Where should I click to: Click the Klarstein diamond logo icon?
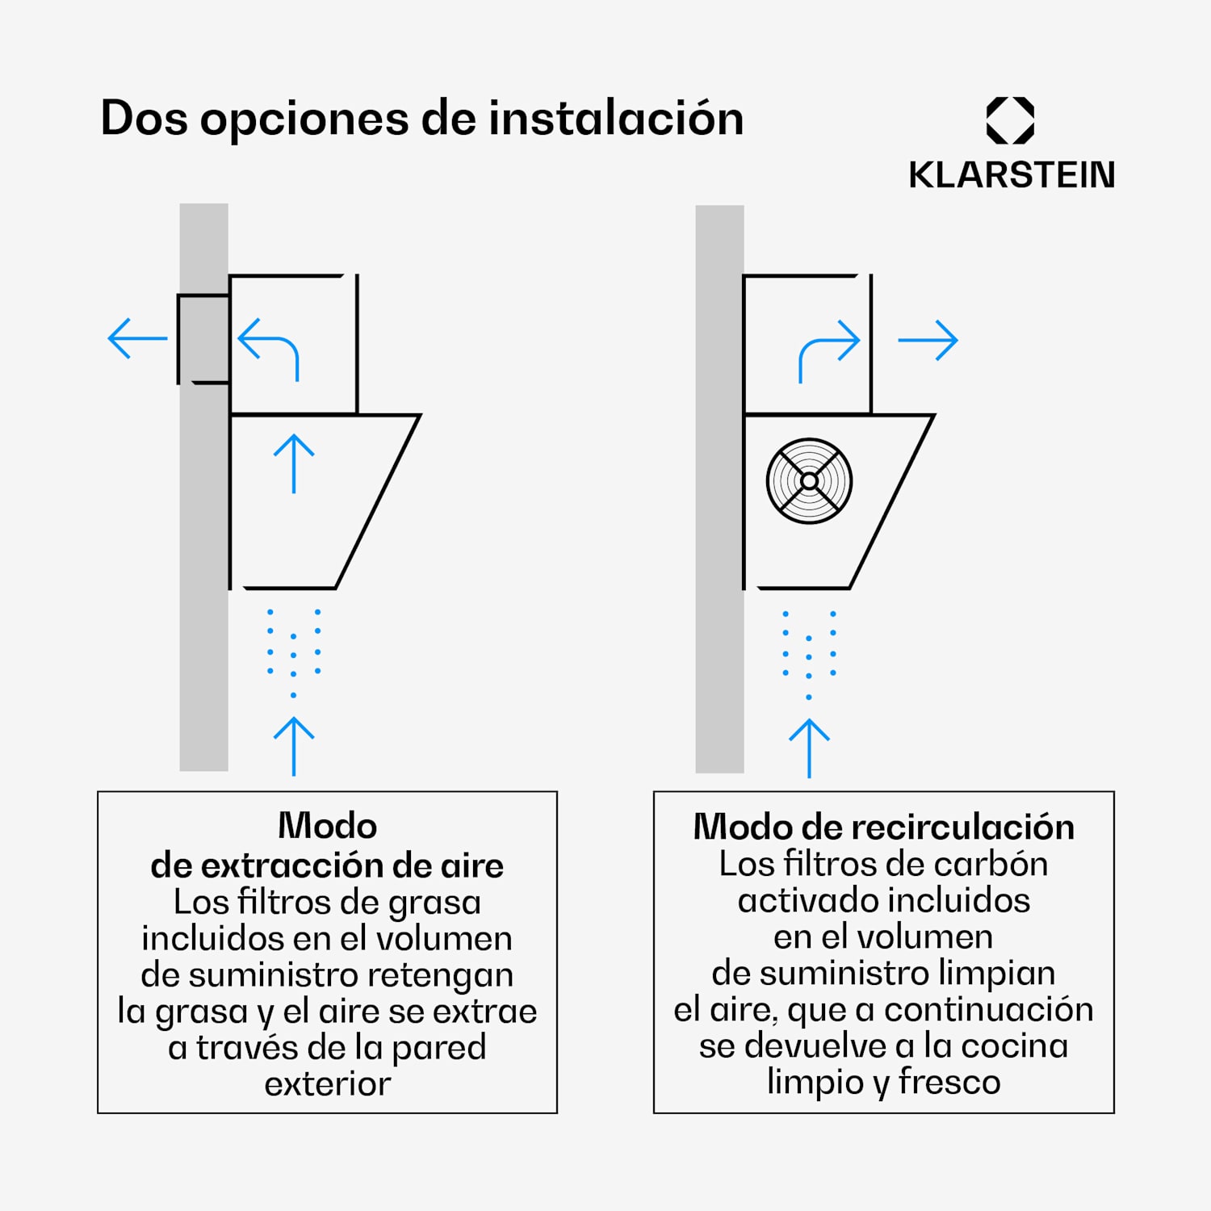point(1010,120)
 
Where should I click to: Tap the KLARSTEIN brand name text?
point(1011,175)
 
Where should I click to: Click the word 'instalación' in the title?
point(616,119)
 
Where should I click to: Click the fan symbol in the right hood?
point(809,481)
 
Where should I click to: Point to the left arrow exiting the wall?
point(137,338)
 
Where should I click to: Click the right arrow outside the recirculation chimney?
point(928,340)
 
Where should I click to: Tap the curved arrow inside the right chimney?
point(828,350)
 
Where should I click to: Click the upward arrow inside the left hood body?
point(294,463)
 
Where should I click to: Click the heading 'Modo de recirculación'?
point(883,827)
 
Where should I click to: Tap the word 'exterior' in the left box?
point(327,1083)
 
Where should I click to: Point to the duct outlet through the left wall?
point(203,339)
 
